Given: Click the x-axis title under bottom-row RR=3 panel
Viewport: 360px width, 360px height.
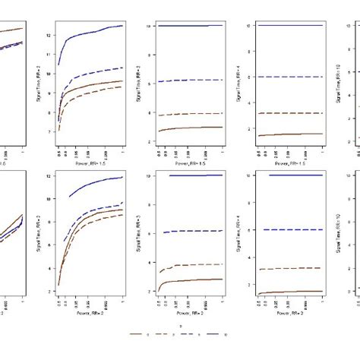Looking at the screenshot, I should click(188, 313).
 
